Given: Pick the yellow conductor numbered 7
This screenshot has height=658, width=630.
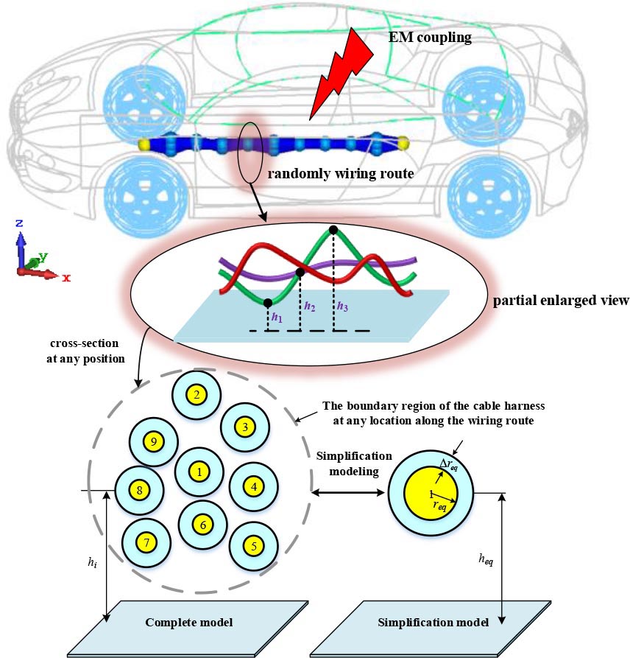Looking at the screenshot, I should click(x=146, y=543).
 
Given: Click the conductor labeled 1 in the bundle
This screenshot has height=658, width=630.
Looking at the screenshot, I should click(x=199, y=471).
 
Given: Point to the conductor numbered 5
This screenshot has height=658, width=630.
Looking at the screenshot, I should click(x=254, y=546).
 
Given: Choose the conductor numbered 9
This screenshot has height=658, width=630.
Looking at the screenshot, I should click(x=154, y=441).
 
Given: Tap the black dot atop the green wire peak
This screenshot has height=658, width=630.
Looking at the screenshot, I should click(x=333, y=230).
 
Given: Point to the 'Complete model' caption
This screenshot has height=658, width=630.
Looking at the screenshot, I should click(x=189, y=622).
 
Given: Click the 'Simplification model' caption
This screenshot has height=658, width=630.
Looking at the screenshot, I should click(x=433, y=622).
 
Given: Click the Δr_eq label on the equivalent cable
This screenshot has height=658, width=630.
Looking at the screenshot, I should click(x=450, y=464).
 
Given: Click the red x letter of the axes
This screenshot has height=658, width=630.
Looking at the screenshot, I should click(x=66, y=278).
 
